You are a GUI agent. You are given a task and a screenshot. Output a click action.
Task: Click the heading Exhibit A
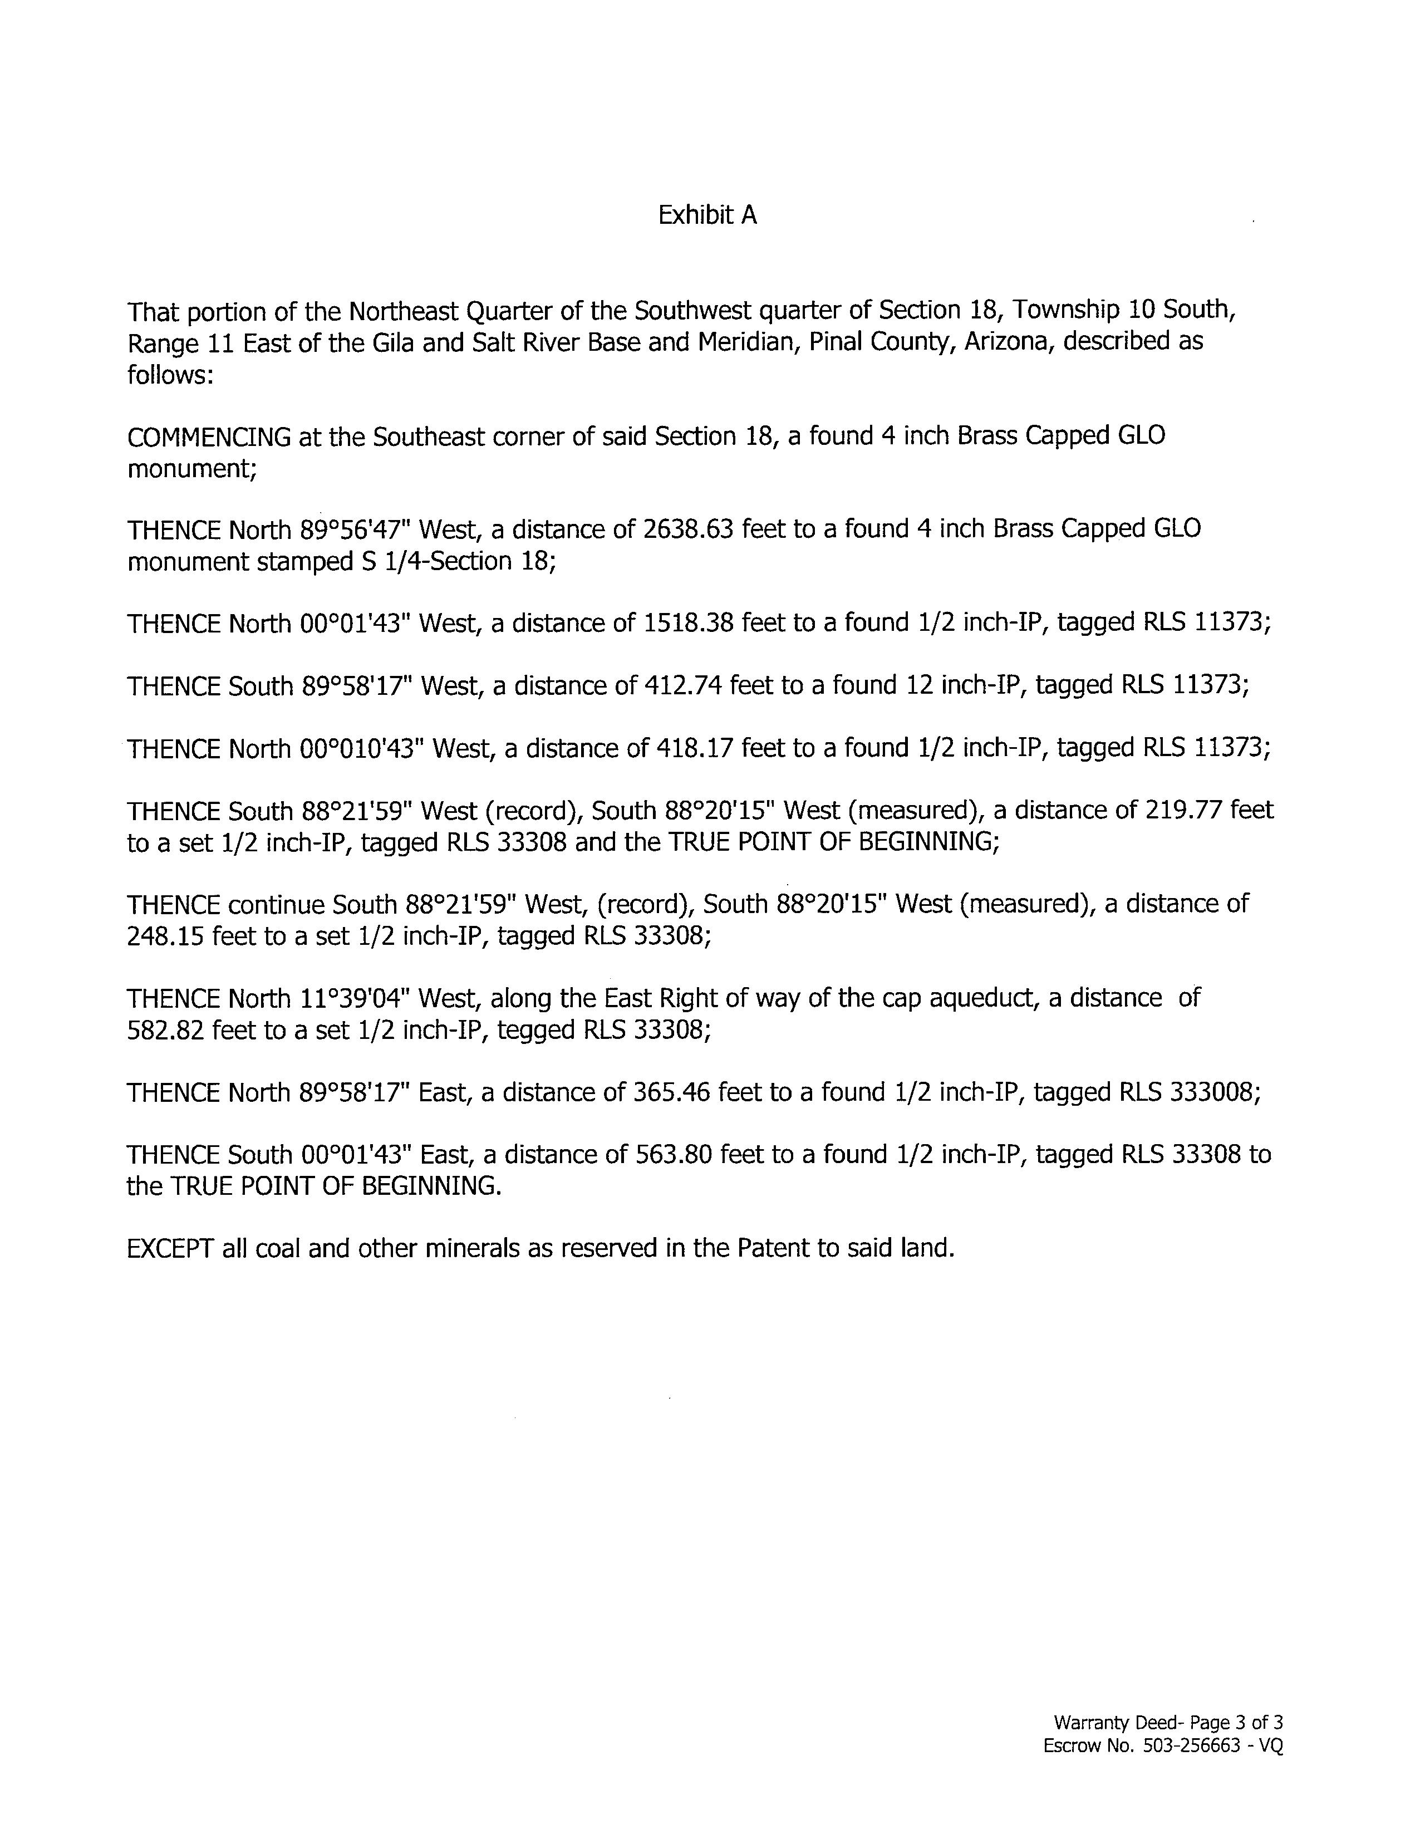click(x=707, y=215)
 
